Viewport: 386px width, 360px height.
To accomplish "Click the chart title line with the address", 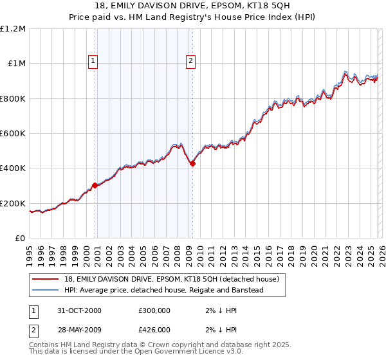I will [x=193, y=6].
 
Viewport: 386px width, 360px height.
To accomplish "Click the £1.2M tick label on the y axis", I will [x=14, y=29].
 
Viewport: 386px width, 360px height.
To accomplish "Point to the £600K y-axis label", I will [x=14, y=134].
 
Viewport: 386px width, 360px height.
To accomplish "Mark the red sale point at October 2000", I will [x=95, y=185].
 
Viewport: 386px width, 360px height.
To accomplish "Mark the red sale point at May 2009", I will [x=192, y=163].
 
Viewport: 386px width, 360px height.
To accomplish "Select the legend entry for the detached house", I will [x=171, y=279].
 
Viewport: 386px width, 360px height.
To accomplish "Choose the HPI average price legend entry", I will [x=164, y=290].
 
